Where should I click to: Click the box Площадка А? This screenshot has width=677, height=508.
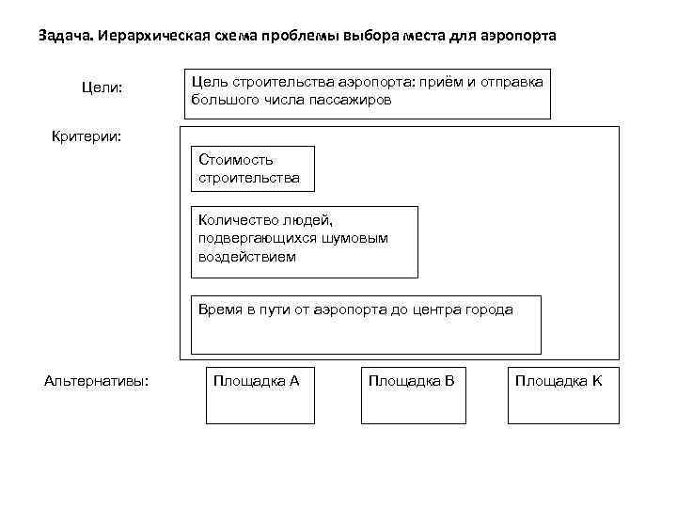(257, 392)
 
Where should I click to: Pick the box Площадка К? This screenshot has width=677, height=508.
(562, 392)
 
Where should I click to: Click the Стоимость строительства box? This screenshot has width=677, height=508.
(253, 168)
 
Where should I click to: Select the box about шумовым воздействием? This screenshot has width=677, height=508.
(304, 242)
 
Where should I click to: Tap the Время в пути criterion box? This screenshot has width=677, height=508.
(366, 324)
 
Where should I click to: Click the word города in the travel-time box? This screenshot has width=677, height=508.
(491, 309)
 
